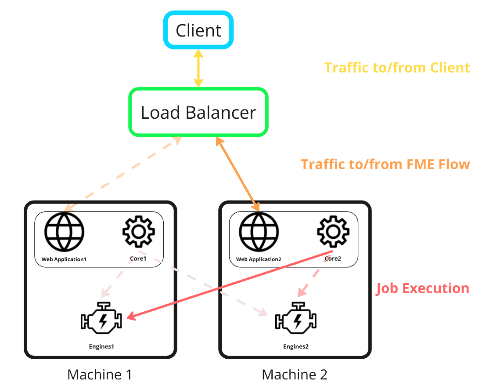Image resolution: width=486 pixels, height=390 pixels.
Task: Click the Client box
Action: coord(198,30)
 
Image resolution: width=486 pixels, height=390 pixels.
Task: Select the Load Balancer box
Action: coord(198,113)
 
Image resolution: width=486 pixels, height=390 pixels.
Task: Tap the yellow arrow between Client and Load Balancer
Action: coord(198,68)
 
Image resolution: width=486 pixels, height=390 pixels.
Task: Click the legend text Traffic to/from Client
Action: coord(397,68)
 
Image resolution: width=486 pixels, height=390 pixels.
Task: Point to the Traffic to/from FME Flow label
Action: coord(385,164)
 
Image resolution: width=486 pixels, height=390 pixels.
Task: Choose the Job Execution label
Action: coord(422,288)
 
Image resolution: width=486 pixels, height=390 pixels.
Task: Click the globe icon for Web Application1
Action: coord(64,232)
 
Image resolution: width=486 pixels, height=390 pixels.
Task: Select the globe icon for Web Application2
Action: coord(259,232)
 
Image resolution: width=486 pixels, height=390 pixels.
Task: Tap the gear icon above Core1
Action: coord(138,231)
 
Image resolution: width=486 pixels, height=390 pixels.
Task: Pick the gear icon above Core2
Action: coord(333,231)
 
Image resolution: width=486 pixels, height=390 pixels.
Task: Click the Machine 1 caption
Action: coord(100,375)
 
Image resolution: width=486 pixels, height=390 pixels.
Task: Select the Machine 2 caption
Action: coord(295,375)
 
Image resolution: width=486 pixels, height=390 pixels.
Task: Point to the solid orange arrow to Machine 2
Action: coord(238,174)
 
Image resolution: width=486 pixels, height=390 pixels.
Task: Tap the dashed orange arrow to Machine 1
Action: coord(121,174)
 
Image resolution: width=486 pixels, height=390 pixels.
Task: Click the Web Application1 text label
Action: coord(64,259)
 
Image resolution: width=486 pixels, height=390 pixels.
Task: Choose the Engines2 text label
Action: coord(296,346)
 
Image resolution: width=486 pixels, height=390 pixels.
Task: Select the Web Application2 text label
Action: coord(259,259)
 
